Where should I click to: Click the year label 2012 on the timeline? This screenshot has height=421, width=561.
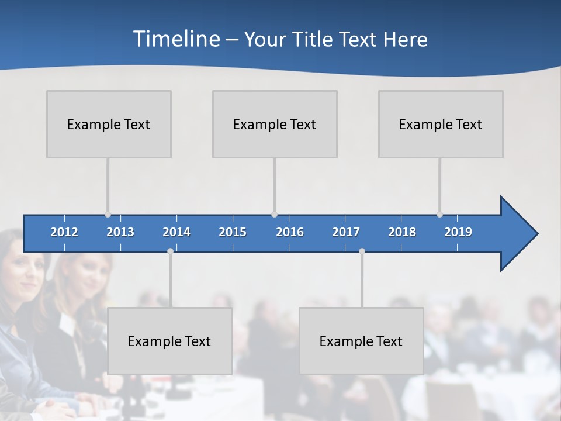(64, 232)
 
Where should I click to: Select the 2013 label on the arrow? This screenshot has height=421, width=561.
(120, 232)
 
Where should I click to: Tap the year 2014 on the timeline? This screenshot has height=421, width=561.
(176, 232)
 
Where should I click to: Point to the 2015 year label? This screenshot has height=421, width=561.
(233, 232)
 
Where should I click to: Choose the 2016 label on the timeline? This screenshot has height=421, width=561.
(290, 232)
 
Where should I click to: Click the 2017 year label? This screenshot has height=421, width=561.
(346, 232)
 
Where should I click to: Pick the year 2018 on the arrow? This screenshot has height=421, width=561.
(402, 232)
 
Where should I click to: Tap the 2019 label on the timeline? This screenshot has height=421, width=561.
(458, 232)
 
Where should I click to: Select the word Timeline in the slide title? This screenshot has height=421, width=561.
(176, 39)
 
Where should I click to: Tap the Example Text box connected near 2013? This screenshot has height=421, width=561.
(109, 124)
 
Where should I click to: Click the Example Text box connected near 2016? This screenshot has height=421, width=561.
(275, 124)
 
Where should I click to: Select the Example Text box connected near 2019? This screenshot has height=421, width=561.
(441, 124)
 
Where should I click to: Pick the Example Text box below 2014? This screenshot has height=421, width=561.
(169, 341)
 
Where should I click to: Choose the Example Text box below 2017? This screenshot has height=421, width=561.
(361, 341)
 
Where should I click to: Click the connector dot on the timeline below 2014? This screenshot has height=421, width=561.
(170, 251)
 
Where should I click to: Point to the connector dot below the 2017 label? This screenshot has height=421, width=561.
(362, 251)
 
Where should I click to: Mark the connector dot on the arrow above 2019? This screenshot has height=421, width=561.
(439, 214)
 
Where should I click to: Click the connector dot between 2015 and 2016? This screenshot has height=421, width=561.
(274, 214)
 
